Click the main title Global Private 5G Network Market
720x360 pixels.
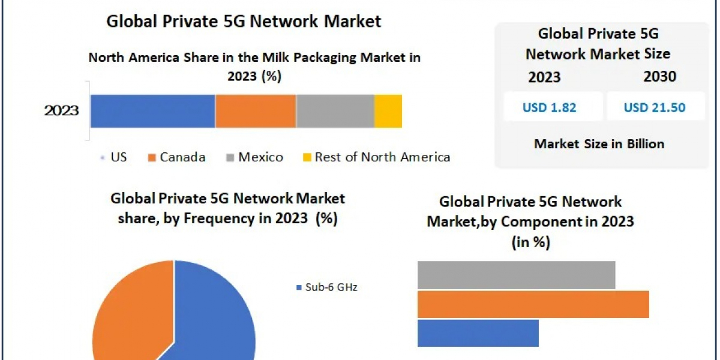tap(244, 22)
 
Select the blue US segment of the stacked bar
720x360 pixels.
tap(152, 111)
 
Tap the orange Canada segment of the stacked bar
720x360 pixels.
tap(256, 111)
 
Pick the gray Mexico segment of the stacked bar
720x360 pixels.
tap(335, 111)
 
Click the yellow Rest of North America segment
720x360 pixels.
tap(388, 111)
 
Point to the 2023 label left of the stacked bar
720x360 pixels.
tap(62, 111)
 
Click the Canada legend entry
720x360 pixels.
tap(176, 157)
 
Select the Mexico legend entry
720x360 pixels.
tap(254, 157)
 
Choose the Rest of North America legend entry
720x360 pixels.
tap(376, 157)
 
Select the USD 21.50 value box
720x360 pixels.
tap(655, 107)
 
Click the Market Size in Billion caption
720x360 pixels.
tap(599, 144)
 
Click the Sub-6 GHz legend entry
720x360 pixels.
tap(328, 287)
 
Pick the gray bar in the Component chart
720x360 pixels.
tap(516, 274)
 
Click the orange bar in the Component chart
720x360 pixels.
tap(533, 304)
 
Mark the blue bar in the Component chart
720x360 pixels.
tap(478, 333)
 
